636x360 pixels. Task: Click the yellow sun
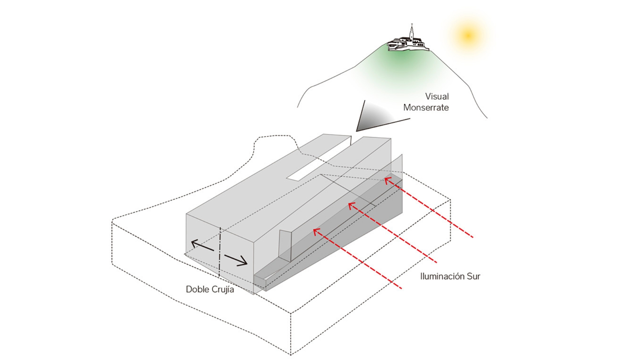(x=468, y=35)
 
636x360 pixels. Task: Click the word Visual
(x=437, y=97)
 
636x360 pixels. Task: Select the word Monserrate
(x=426, y=108)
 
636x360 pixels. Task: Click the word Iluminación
(x=442, y=276)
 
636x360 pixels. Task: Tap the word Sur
(x=473, y=276)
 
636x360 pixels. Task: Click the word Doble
(x=197, y=289)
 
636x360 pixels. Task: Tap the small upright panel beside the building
(x=285, y=245)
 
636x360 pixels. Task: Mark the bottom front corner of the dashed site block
(x=290, y=354)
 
